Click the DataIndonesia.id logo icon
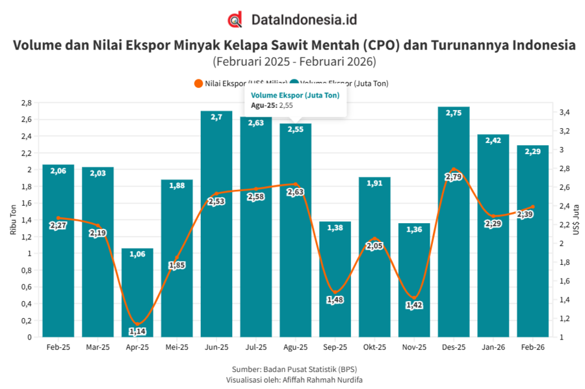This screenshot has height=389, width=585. [235, 20]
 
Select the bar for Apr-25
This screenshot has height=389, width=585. [137, 293]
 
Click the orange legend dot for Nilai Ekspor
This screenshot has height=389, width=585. [198, 83]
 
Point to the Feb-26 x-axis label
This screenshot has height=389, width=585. [532, 347]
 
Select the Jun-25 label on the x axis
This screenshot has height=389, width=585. [216, 347]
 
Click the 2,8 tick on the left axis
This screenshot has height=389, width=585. [25, 103]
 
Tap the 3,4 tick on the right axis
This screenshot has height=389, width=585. [564, 113]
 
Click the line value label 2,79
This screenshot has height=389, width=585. [454, 176]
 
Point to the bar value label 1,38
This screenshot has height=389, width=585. [335, 229]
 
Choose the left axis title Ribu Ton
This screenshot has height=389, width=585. [12, 220]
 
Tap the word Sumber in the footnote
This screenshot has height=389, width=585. [244, 369]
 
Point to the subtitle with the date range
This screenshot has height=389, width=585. [294, 62]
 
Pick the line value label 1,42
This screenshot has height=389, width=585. [414, 304]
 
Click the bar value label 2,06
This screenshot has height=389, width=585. [58, 172]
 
